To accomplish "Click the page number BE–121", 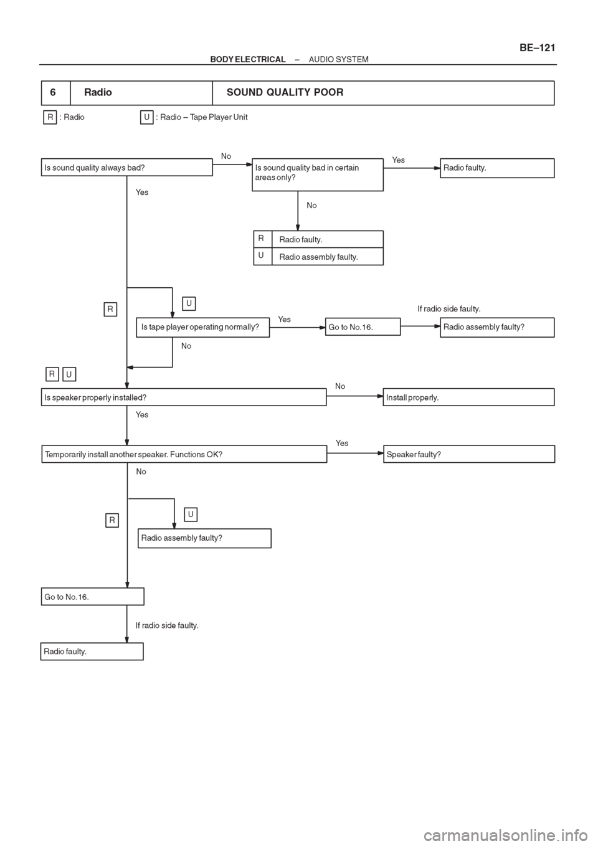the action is point(537,47).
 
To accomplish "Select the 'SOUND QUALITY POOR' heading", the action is point(285,92).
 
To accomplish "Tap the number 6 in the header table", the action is point(53,92).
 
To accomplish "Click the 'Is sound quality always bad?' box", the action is point(127,168).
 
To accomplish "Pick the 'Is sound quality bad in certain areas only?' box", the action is point(318,175).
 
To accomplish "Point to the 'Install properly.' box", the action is point(468,397).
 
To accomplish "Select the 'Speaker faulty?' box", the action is point(469,454).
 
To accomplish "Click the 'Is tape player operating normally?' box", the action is point(202,328).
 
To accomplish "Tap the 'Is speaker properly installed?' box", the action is point(184,397).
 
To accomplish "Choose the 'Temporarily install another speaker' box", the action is point(184,454).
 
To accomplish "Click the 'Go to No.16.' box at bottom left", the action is point(92,597).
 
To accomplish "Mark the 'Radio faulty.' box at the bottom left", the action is point(92,652).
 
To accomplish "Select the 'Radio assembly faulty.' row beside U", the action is point(318,257).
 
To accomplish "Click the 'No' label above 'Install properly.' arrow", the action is point(340,386).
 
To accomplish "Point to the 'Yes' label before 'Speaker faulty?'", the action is point(342,443).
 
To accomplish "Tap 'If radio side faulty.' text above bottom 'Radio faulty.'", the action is point(167,625).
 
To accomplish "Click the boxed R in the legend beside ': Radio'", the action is point(50,118).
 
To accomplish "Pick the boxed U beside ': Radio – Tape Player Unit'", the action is point(146,118).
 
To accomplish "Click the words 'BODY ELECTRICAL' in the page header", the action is point(248,59).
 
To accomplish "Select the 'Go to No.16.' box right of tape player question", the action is point(363,326).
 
